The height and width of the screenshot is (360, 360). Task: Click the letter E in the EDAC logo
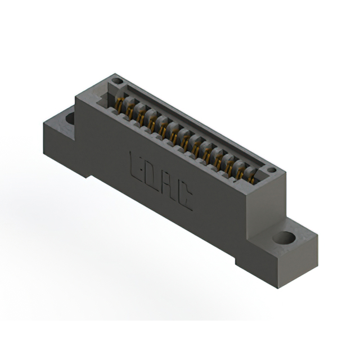(137, 164)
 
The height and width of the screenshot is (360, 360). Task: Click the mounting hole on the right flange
(285, 237)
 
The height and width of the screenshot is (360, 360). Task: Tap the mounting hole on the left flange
(70, 118)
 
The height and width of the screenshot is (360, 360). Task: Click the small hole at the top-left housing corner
(117, 82)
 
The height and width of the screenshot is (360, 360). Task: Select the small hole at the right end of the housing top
(271, 169)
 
